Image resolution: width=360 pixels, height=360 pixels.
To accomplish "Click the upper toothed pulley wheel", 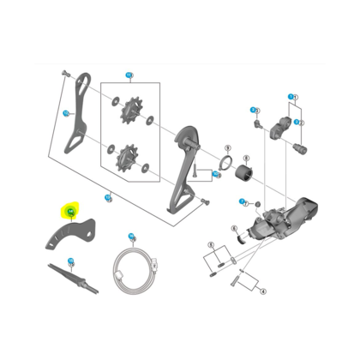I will coord(131,111).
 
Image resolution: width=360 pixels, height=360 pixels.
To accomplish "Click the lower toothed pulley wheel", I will coord(131,155).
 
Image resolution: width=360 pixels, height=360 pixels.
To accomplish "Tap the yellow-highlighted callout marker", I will coord(69,209).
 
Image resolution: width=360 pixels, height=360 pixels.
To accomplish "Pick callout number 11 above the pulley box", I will coord(129,76).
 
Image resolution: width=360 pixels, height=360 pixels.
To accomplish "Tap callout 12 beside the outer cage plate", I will coord(66,113).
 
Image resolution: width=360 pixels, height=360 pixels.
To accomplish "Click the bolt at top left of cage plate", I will coord(64,75).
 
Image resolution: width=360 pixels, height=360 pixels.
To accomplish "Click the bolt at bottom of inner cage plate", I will coord(204,201).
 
